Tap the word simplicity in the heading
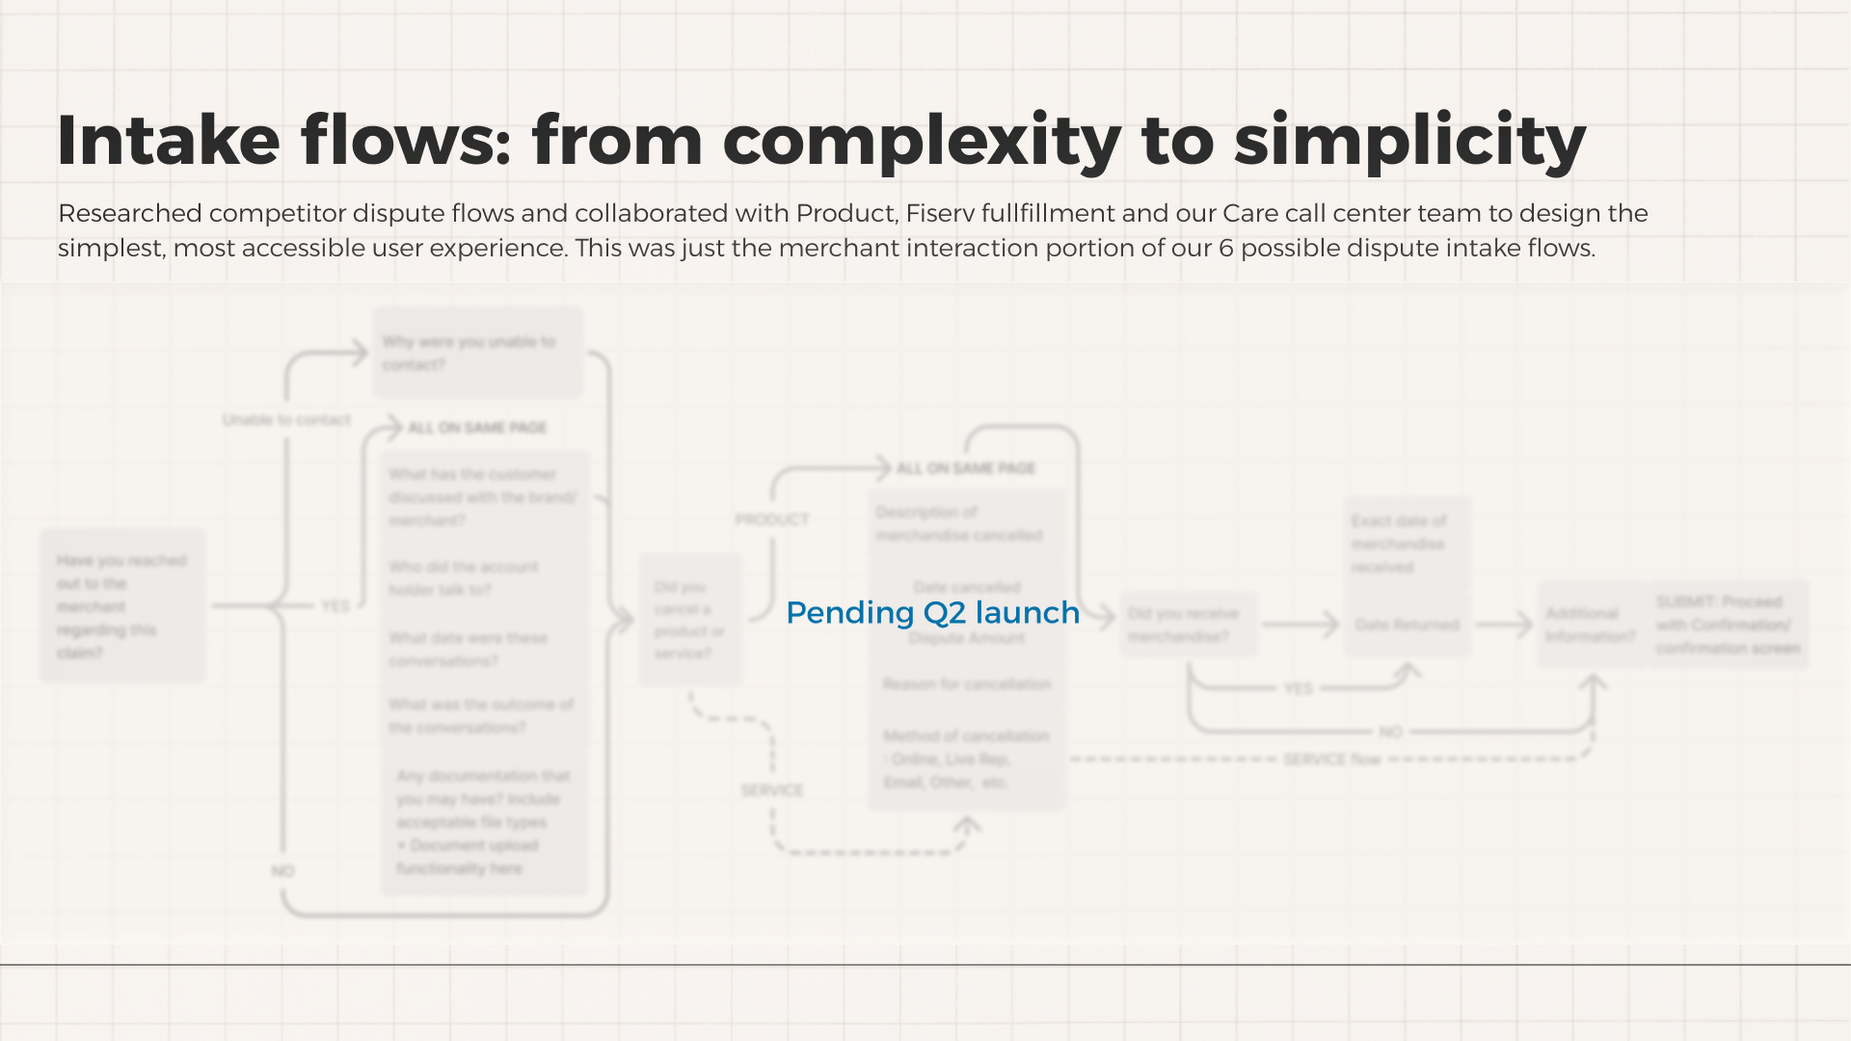[1409, 141]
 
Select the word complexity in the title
[922, 141]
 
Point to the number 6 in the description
[1226, 248]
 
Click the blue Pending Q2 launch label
[932, 612]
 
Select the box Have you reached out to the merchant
[122, 606]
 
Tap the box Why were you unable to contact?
[477, 353]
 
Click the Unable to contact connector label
[286, 419]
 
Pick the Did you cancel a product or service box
[690, 620]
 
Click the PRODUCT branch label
[771, 520]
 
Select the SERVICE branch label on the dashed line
[771, 790]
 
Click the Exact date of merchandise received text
[1399, 544]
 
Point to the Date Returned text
[1407, 625]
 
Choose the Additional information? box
[1590, 625]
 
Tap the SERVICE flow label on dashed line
[1331, 760]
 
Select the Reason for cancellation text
[967, 684]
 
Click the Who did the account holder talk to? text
[464, 578]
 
